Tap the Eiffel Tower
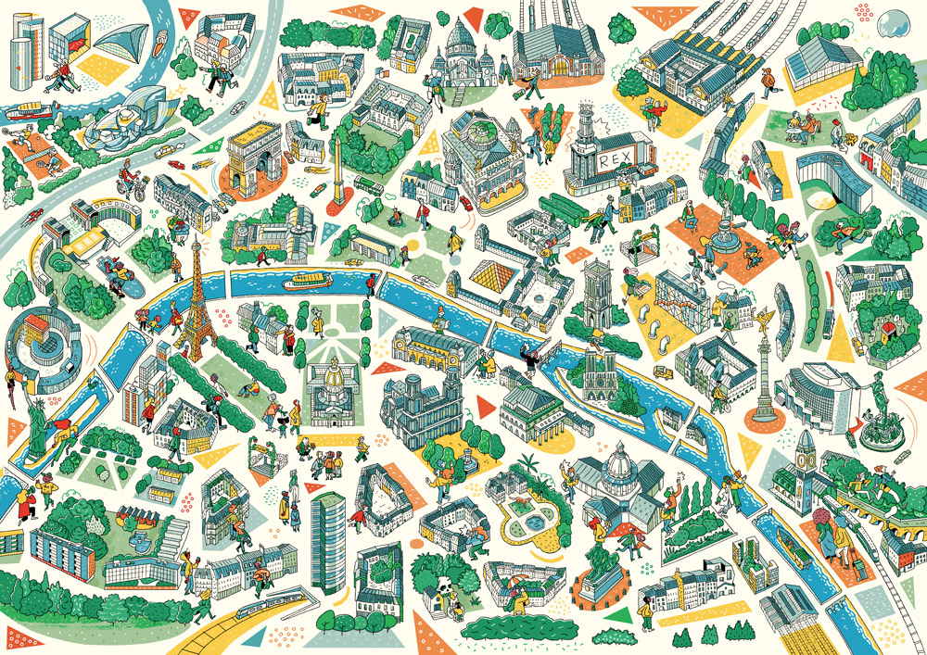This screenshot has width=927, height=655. point(196,296)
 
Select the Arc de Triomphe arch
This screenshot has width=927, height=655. point(254,153)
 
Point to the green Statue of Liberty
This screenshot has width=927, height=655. point(35,426)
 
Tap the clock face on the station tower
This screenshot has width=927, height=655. point(803,455)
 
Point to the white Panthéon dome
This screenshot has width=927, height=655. point(613,460)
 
